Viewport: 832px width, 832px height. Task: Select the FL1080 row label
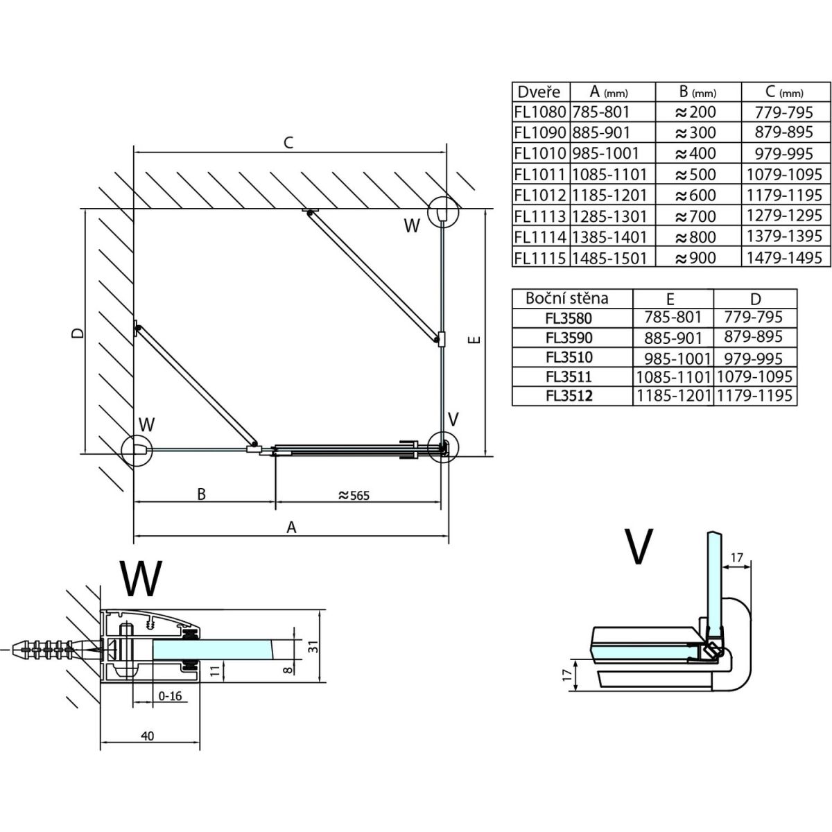pos(540,112)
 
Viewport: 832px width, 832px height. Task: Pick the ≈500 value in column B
pos(695,174)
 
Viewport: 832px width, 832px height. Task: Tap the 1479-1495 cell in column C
pos(784,258)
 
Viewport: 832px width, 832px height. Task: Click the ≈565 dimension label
pos(354,495)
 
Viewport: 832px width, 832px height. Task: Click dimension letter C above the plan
pos(289,143)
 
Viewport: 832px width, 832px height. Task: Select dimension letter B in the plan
pos(201,494)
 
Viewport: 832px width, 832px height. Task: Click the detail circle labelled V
pos(442,446)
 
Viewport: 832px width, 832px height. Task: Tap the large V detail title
pos(639,546)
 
